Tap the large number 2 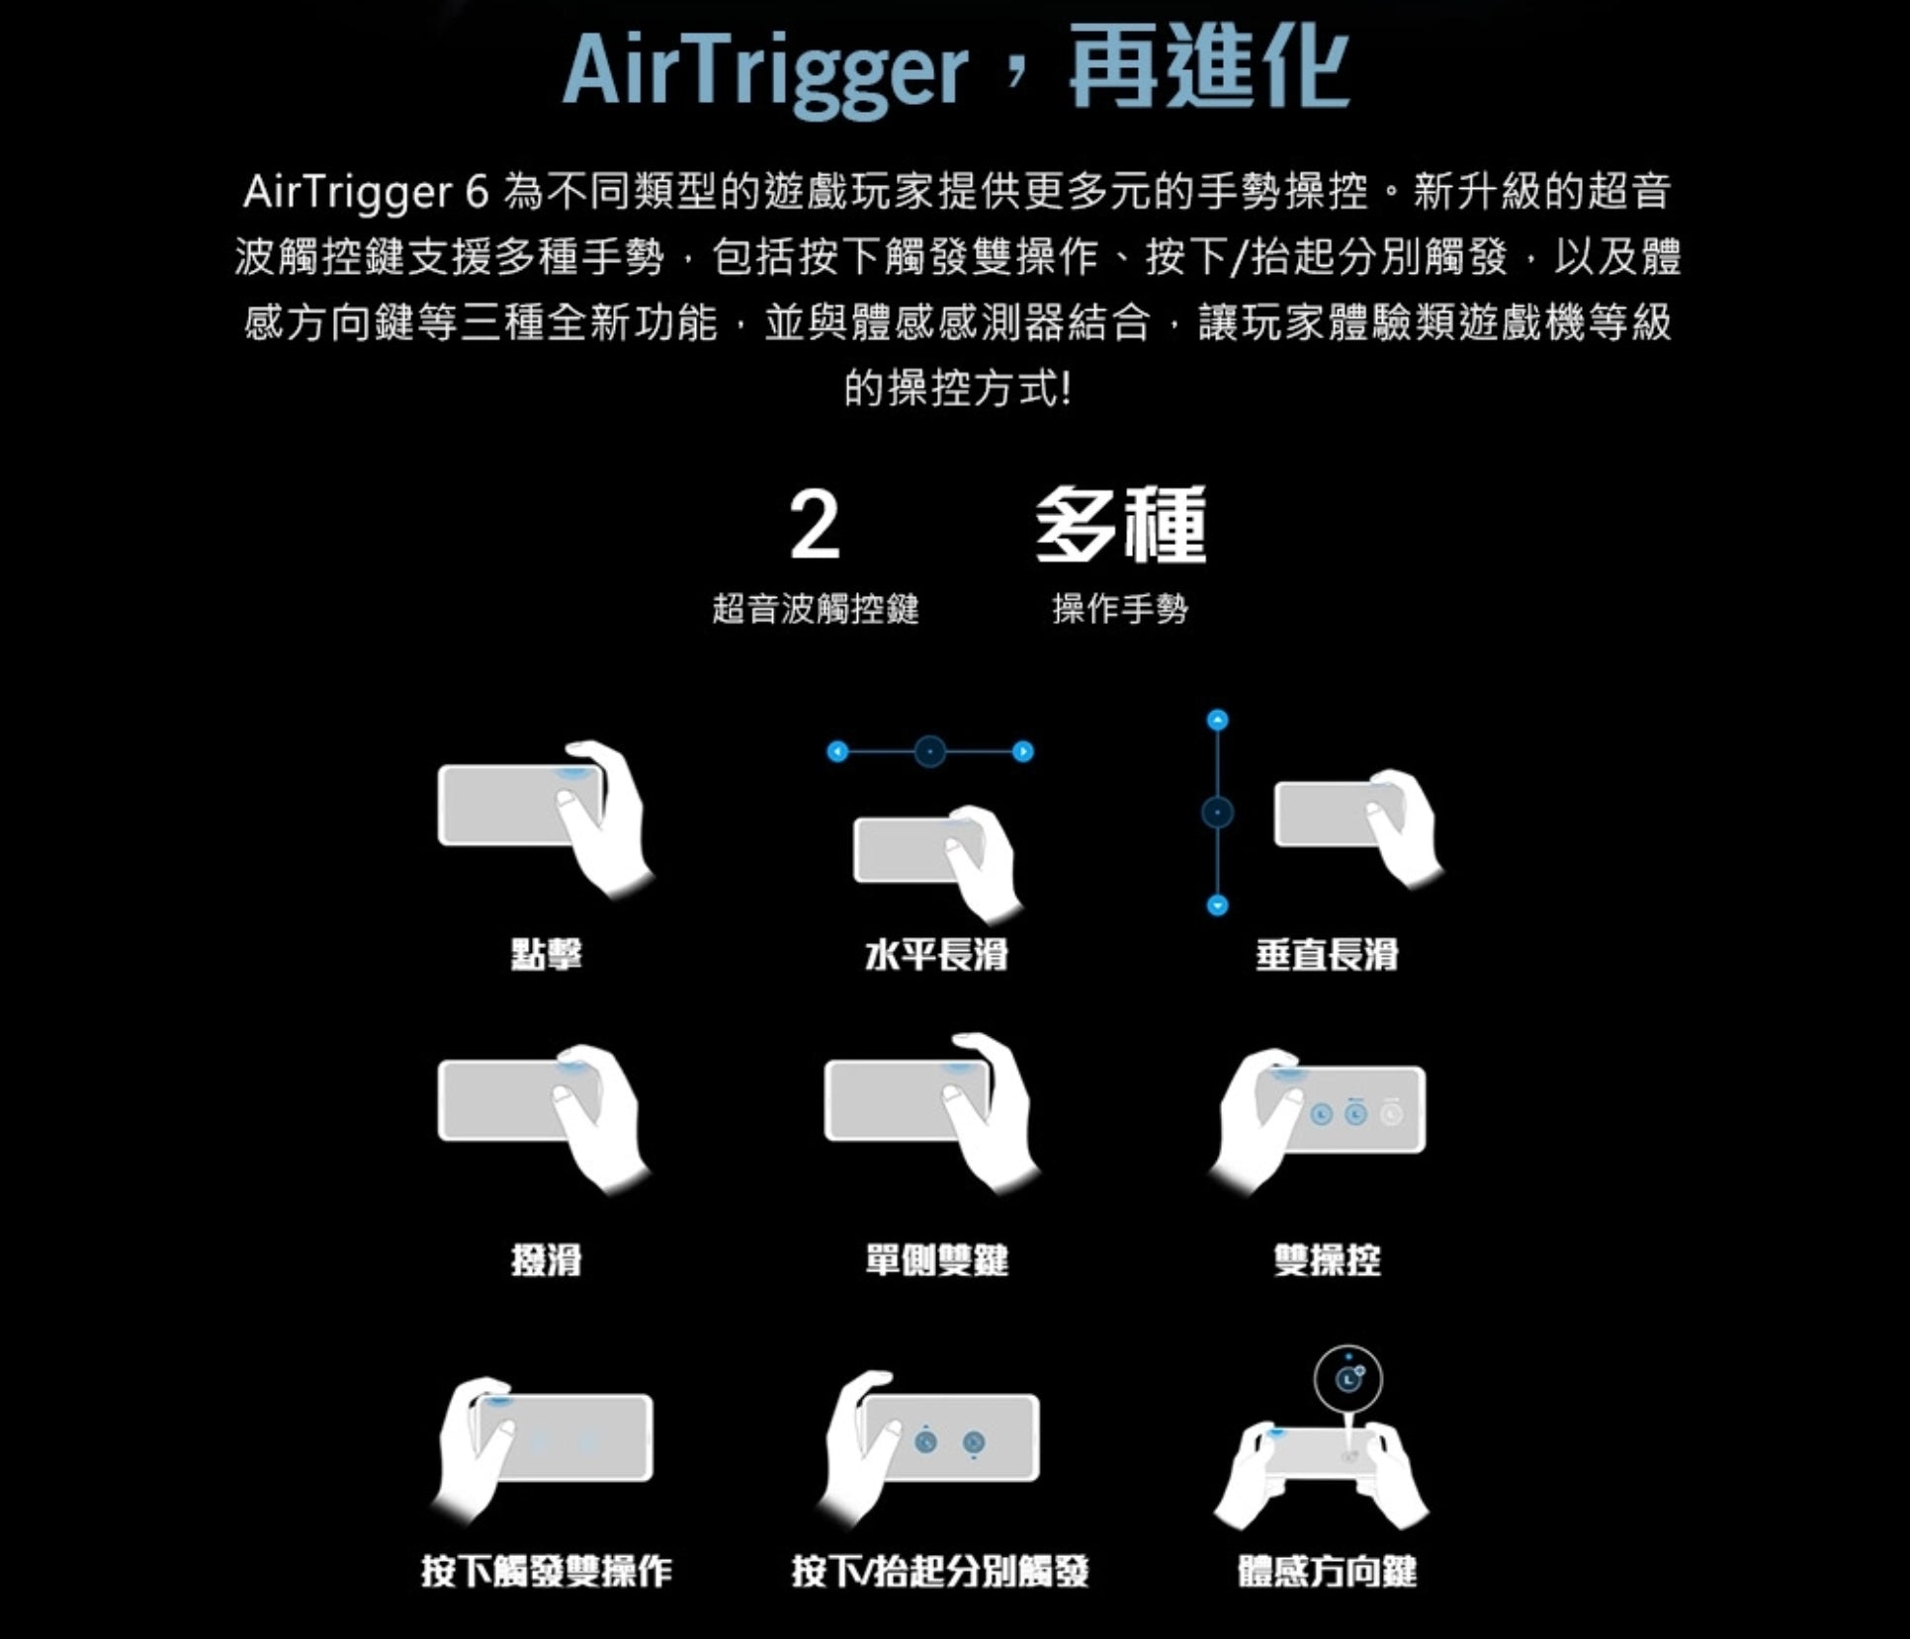(x=815, y=526)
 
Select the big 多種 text (x=1120, y=526)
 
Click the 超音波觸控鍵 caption (x=816, y=609)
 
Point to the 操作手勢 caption (x=1120, y=609)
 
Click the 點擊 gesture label (x=547, y=955)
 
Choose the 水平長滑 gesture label (x=935, y=955)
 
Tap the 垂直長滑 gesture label (x=1327, y=955)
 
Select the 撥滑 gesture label (x=547, y=1260)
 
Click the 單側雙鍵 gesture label (x=936, y=1260)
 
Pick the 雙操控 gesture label (x=1327, y=1260)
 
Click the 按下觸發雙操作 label (x=547, y=1571)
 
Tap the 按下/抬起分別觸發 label (x=940, y=1571)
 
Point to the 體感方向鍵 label (x=1328, y=1571)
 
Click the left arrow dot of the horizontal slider (x=837, y=752)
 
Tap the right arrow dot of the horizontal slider (x=1023, y=752)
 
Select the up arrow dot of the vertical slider (x=1218, y=720)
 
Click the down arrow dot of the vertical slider (x=1218, y=906)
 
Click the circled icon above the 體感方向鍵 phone (x=1347, y=1379)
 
